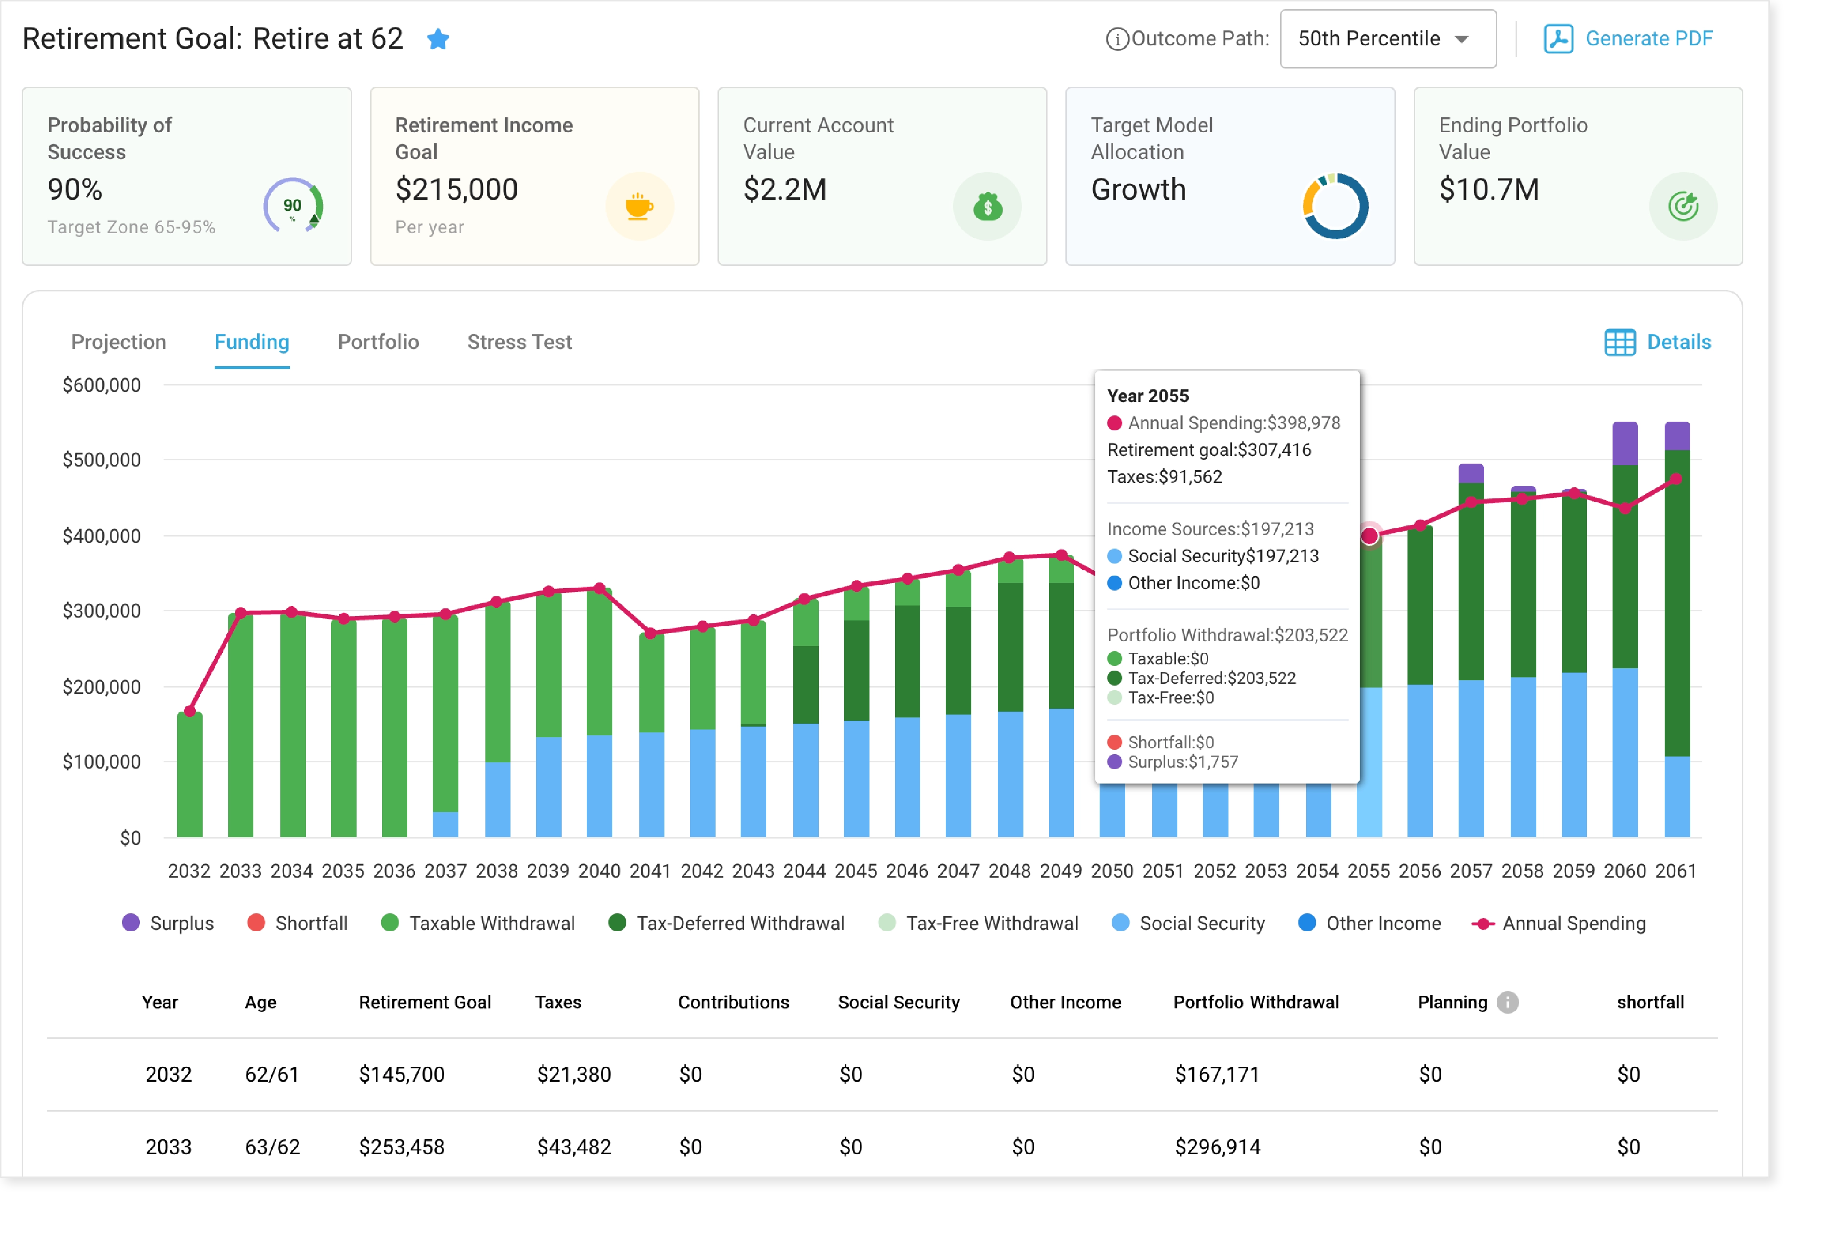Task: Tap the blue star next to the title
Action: (438, 39)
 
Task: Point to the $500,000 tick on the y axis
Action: (102, 460)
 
